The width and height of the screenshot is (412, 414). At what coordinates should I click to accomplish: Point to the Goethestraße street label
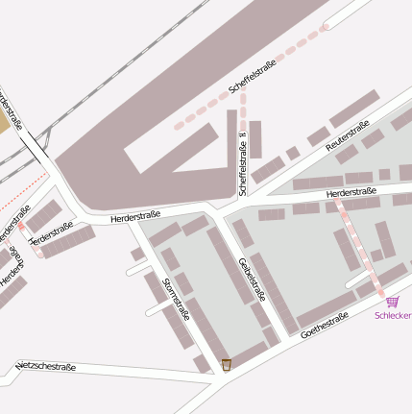pos(324,327)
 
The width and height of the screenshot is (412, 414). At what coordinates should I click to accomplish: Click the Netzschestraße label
pos(46,367)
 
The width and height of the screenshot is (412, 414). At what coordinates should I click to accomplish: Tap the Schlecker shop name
pos(393,315)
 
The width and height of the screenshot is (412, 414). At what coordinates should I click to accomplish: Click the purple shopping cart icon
pos(392,302)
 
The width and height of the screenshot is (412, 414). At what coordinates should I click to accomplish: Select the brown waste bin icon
pos(226,364)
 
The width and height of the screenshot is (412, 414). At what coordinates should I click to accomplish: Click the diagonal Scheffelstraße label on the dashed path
pos(253,77)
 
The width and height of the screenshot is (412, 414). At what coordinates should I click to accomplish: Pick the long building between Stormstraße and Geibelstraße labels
pos(230,263)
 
